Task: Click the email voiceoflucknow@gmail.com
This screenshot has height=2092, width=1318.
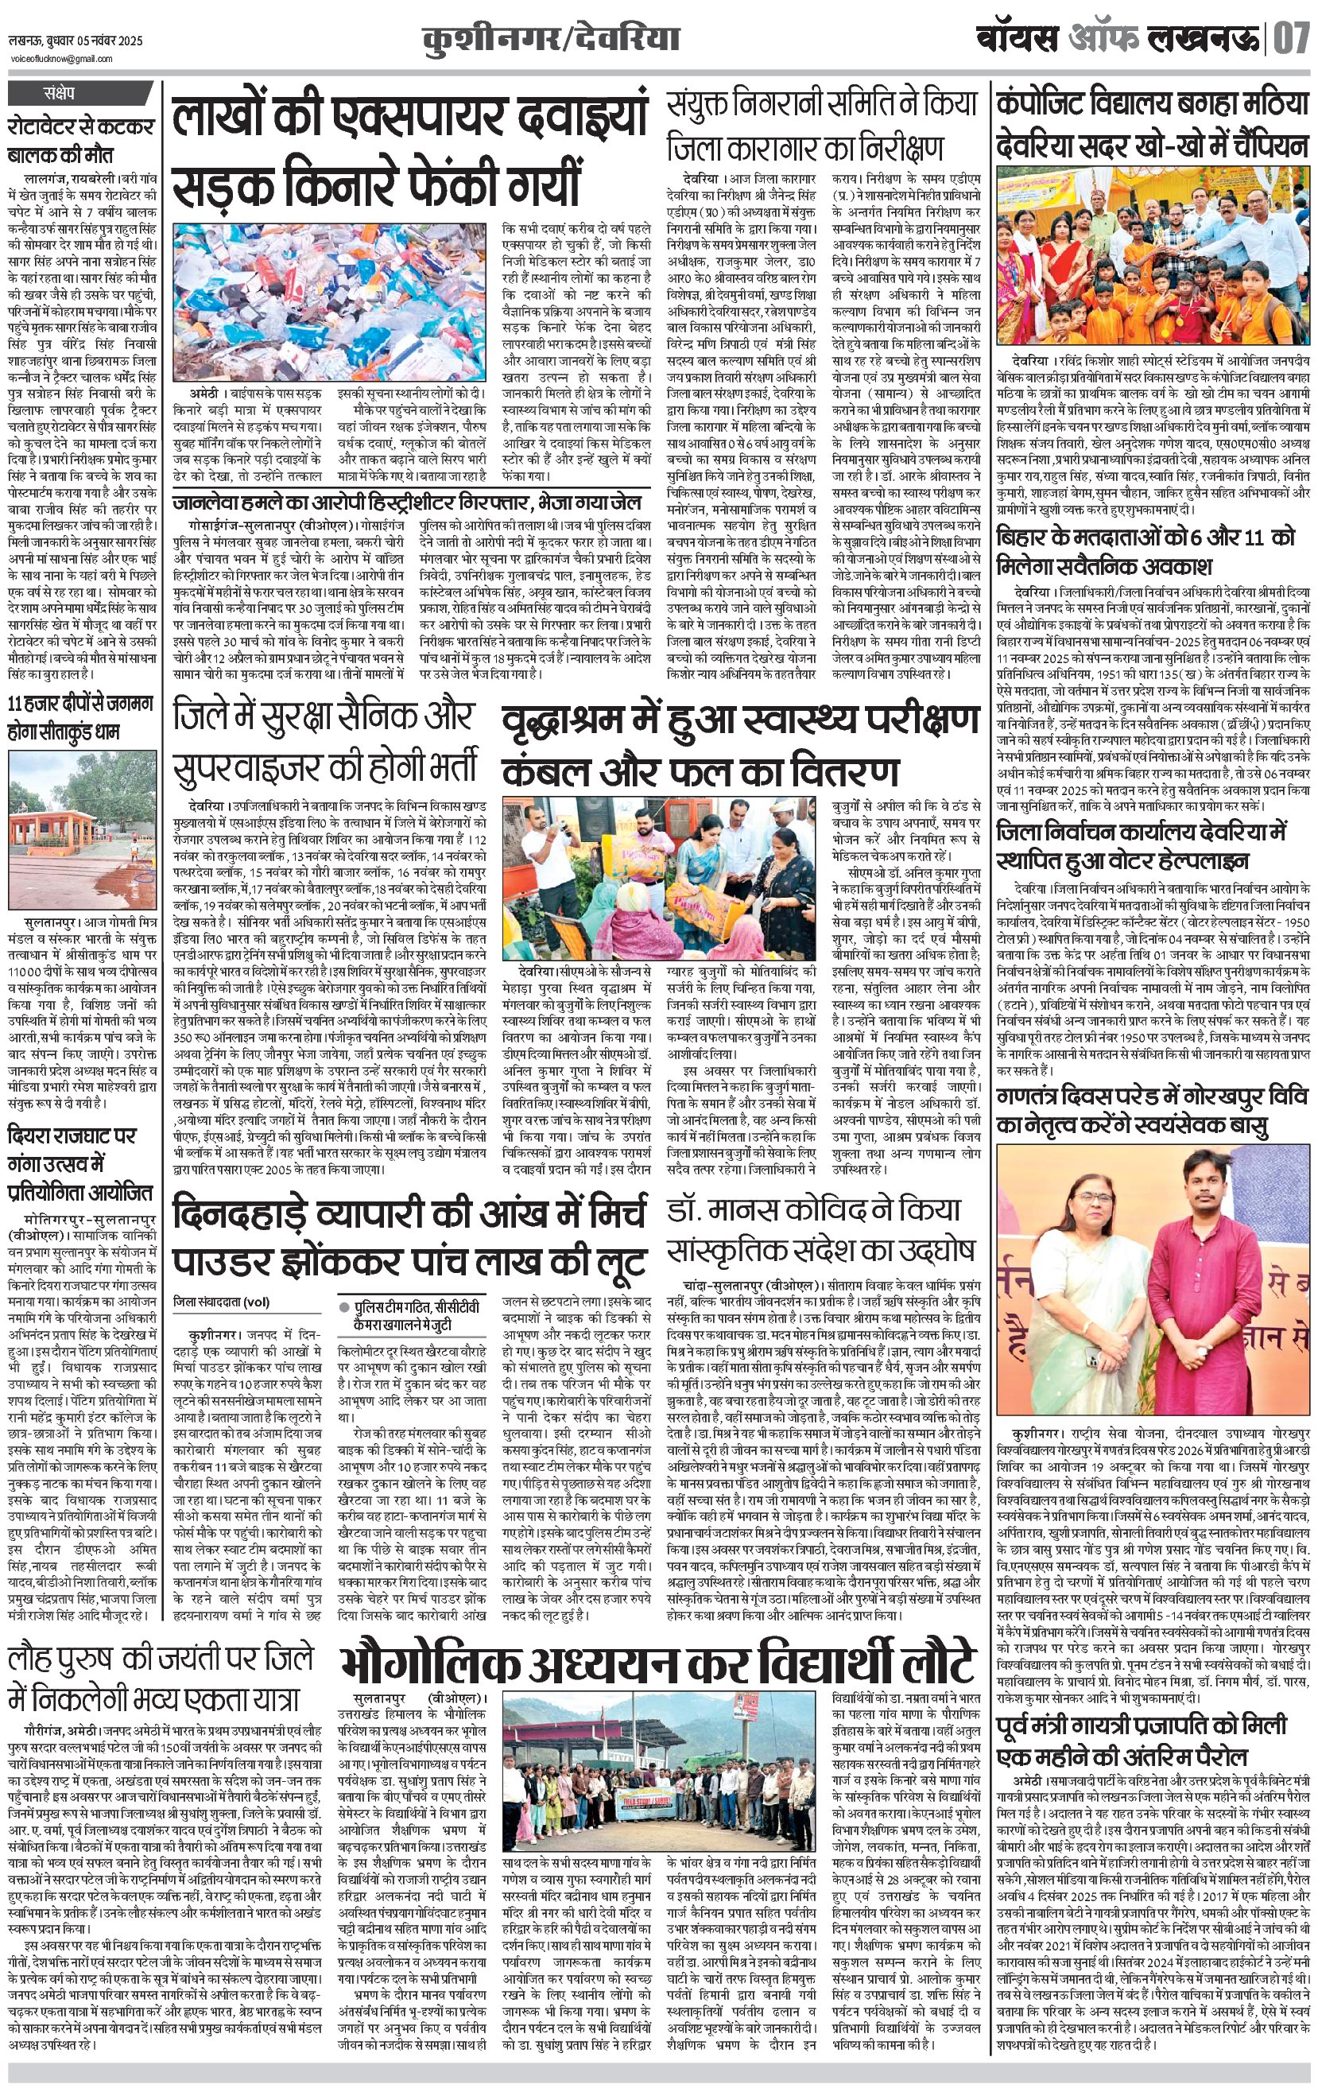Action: click(61, 59)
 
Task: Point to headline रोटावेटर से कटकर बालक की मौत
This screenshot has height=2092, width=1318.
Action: click(81, 141)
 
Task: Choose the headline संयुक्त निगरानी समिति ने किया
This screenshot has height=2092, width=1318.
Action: click(823, 105)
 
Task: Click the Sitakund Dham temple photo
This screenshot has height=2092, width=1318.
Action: click(82, 829)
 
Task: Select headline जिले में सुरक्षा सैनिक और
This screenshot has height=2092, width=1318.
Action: click(324, 716)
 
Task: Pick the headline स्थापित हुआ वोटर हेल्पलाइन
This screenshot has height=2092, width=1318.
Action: click(1122, 860)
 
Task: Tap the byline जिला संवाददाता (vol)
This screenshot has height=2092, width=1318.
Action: click(221, 1302)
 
